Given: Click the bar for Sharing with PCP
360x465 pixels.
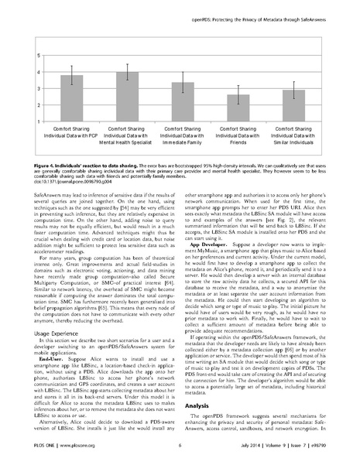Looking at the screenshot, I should [x=71, y=96].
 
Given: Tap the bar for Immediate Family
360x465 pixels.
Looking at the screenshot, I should [x=182, y=100].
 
